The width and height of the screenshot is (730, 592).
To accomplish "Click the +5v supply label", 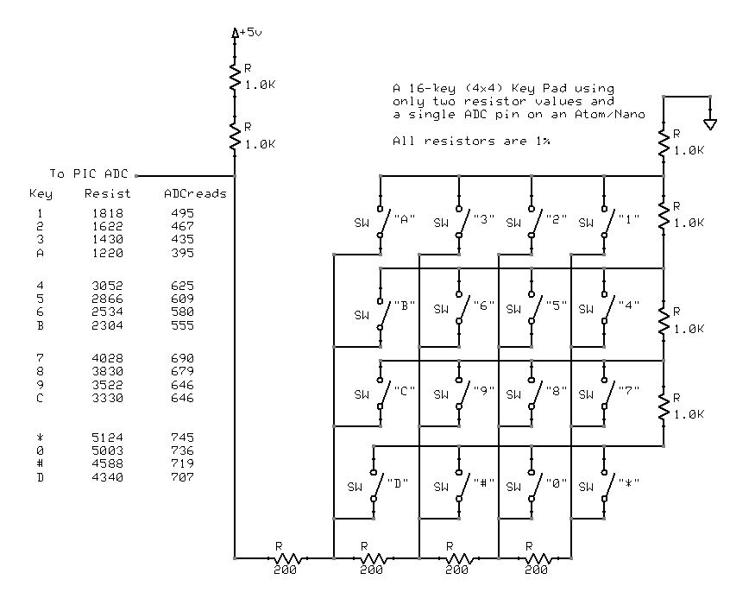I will click(x=249, y=32).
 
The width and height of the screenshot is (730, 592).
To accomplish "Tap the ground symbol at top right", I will click(x=710, y=123).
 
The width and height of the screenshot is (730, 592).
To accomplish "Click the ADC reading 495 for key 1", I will click(x=182, y=212).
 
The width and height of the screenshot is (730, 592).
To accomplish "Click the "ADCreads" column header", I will click(x=195, y=193).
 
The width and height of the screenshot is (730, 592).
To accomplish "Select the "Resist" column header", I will click(x=108, y=193).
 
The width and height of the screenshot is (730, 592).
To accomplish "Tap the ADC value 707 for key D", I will click(x=182, y=477).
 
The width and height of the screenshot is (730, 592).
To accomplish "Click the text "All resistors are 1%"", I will click(x=471, y=140).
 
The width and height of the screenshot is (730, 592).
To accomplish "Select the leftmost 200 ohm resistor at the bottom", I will click(x=284, y=557).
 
